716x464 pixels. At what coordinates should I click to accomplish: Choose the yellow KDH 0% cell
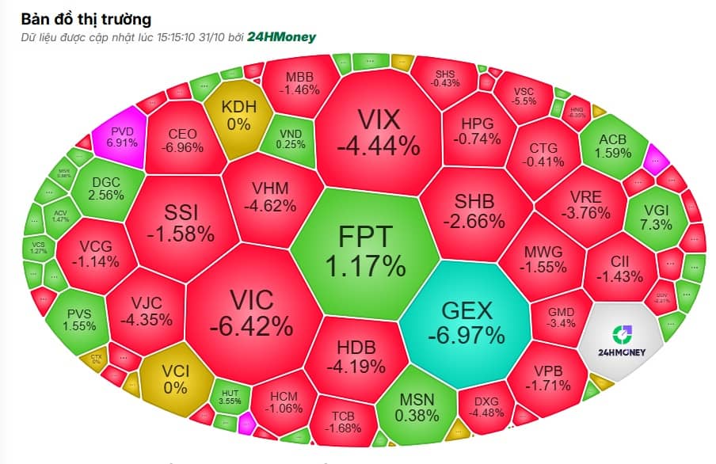(238, 115)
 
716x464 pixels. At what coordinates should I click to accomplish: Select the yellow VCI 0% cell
(175, 378)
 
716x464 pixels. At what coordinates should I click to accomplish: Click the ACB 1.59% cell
(612, 146)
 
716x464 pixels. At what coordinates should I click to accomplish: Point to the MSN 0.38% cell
(417, 406)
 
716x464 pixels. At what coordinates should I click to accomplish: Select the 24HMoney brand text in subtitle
(280, 36)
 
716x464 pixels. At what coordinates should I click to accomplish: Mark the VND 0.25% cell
(291, 139)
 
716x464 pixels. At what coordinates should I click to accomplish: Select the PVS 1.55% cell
(80, 318)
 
